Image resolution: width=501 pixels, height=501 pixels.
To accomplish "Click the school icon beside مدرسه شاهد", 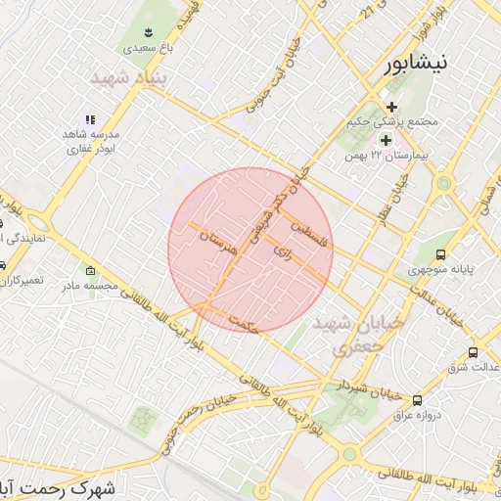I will pyautogui.click(x=90, y=119).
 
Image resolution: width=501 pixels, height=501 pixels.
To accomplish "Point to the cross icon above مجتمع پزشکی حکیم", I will pyautogui.click(x=391, y=107).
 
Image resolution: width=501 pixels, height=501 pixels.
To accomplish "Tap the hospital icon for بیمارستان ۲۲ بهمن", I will pyautogui.click(x=386, y=140).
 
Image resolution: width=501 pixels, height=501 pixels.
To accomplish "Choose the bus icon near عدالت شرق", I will pyautogui.click(x=474, y=352).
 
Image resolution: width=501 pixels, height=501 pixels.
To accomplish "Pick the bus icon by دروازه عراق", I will pyautogui.click(x=418, y=399).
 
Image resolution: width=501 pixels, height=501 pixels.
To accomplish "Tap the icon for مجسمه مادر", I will pyautogui.click(x=91, y=270).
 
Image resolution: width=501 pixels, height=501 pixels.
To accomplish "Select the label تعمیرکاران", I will pyautogui.click(x=22, y=280).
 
